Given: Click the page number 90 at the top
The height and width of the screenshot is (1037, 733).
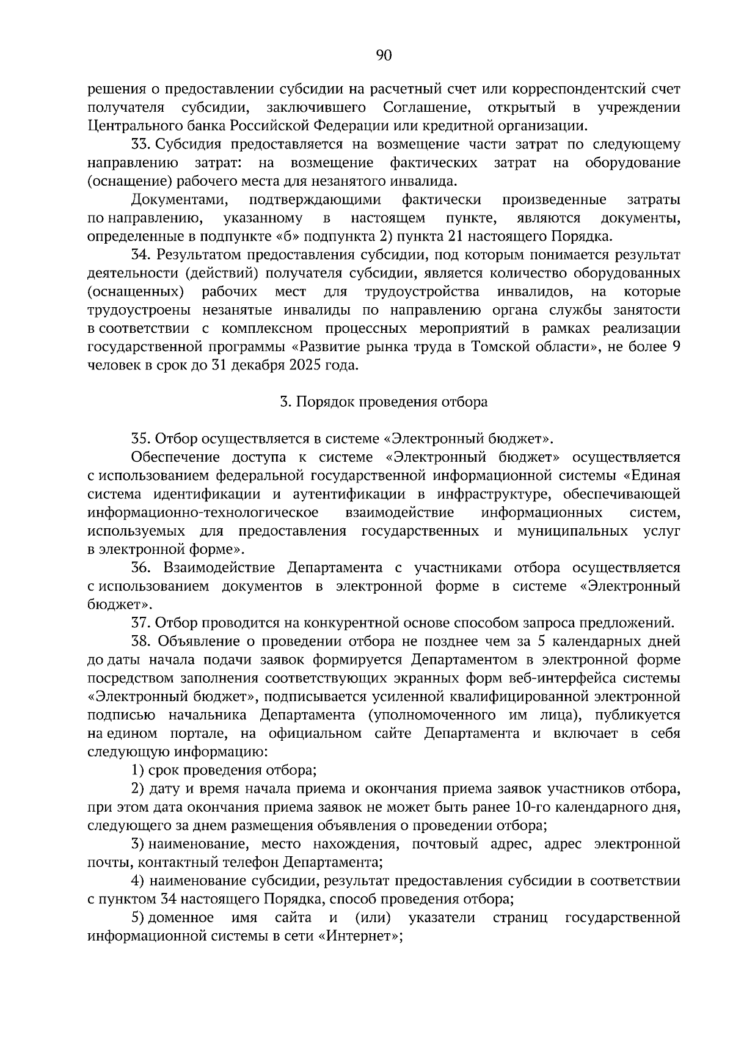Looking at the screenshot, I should point(384,56).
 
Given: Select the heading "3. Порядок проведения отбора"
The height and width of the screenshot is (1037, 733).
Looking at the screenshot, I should point(384,402).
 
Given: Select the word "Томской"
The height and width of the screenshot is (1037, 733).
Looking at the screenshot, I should point(498,347).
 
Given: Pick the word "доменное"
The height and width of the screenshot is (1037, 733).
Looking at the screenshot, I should point(181,918).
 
